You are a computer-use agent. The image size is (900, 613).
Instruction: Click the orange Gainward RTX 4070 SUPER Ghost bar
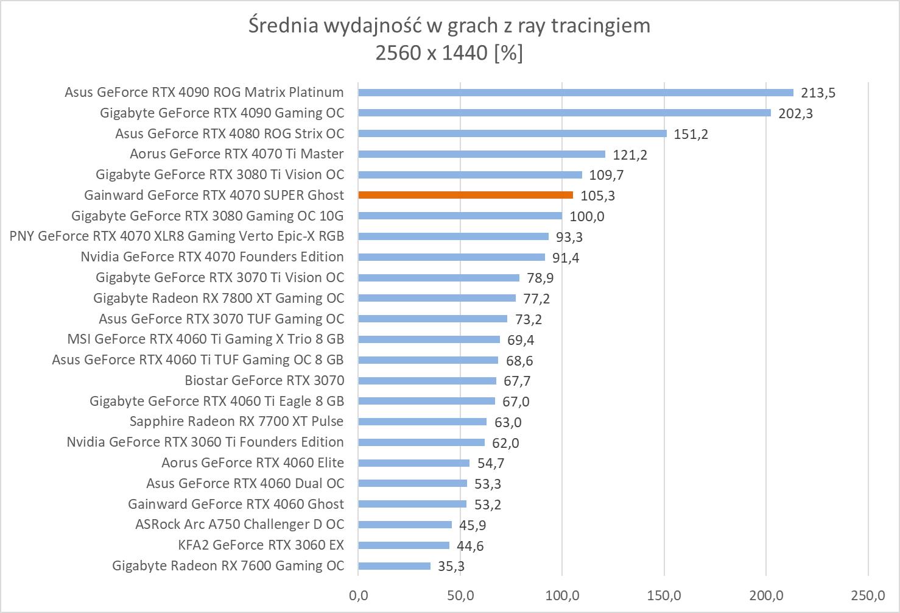pos(465,195)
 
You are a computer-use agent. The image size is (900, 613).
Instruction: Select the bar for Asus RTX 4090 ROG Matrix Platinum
pos(575,93)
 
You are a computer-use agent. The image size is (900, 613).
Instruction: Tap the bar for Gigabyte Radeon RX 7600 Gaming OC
pos(394,566)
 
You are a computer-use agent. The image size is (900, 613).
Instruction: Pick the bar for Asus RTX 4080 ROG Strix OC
pos(512,133)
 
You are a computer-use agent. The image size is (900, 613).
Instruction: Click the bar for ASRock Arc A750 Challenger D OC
pos(405,525)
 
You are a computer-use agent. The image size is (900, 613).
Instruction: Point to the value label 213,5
pos(818,93)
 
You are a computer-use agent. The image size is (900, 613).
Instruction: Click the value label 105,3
pos(597,196)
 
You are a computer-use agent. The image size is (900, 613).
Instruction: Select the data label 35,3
pos(451,567)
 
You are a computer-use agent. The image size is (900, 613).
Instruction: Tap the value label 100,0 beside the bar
pos(586,216)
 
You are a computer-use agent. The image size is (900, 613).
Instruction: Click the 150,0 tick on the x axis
pos(664,595)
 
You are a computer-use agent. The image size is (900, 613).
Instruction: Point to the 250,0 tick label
pos(868,595)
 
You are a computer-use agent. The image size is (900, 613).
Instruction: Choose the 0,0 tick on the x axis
pos(358,595)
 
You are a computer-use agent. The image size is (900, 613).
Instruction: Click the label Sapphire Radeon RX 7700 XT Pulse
pos(236,422)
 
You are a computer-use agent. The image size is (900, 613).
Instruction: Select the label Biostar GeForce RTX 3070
pos(264,381)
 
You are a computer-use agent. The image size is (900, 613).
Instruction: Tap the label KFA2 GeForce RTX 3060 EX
pos(261,545)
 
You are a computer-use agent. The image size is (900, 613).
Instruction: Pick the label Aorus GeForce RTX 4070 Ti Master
pos(236,154)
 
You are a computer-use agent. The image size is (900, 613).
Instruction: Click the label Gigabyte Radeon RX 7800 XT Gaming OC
pos(218,299)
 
